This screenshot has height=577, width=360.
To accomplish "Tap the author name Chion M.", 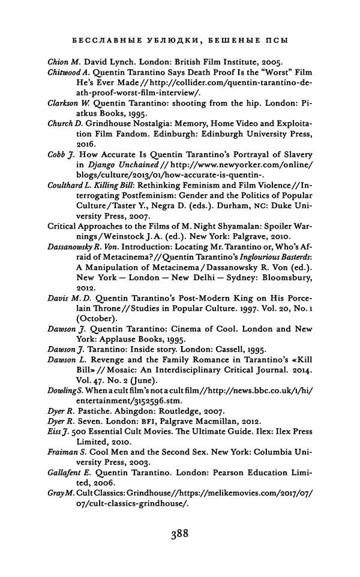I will tap(62, 62).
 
